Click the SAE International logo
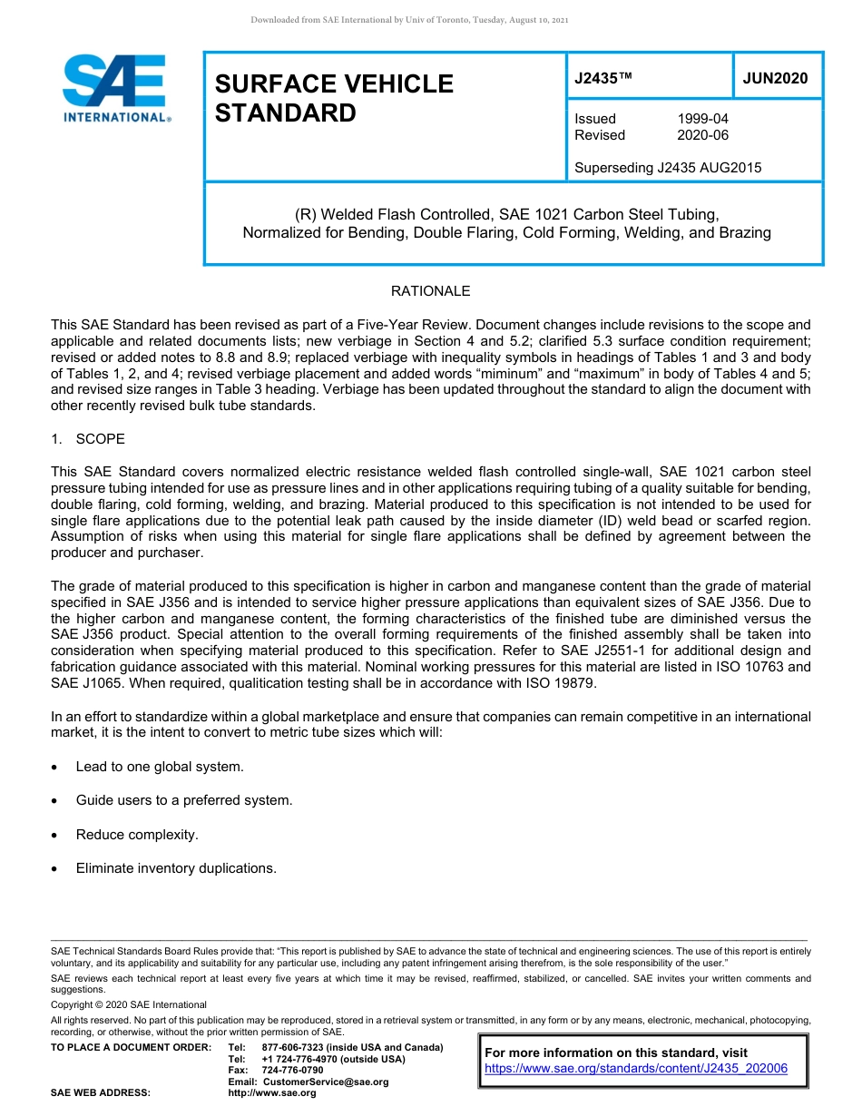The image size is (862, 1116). pyautogui.click(x=115, y=88)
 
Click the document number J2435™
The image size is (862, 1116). pyautogui.click(x=602, y=79)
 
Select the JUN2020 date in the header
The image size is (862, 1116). pyautogui.click(x=775, y=79)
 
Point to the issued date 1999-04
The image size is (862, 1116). pyautogui.click(x=702, y=119)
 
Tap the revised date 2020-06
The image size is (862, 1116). pyautogui.click(x=702, y=135)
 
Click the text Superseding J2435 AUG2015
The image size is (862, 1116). pyautogui.click(x=668, y=167)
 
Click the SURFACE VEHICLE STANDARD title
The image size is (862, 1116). pyautogui.click(x=334, y=98)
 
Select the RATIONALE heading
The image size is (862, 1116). pyautogui.click(x=430, y=291)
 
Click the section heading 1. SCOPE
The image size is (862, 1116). pyautogui.click(x=88, y=439)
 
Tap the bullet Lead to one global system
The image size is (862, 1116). pyautogui.click(x=160, y=767)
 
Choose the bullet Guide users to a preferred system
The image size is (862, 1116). pyautogui.click(x=183, y=800)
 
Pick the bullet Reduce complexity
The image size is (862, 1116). pyautogui.click(x=137, y=835)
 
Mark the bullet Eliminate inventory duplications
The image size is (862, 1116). pyautogui.click(x=176, y=868)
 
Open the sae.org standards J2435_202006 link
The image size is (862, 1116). pyautogui.click(x=636, y=1069)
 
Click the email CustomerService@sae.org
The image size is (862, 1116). pyautogui.click(x=325, y=1082)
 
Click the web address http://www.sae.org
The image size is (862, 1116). pyautogui.click(x=272, y=1093)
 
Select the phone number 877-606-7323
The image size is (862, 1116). pyautogui.click(x=292, y=1048)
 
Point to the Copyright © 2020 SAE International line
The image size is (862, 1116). pyautogui.click(x=129, y=1004)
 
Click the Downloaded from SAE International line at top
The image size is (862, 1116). pyautogui.click(x=409, y=20)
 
